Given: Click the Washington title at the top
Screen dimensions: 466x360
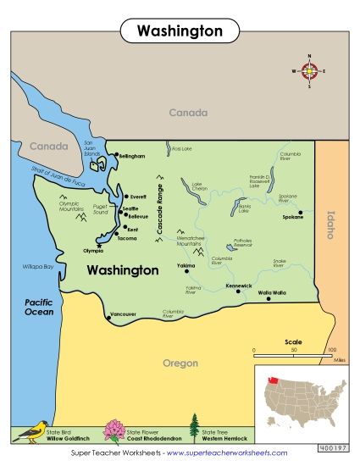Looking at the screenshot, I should coord(180,31).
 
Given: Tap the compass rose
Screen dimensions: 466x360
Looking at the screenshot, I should coord(309,71).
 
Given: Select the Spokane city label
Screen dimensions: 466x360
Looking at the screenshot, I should coord(292,218).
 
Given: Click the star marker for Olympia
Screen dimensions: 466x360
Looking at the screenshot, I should coord(99,246).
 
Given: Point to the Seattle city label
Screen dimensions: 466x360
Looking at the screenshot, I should coord(130,208).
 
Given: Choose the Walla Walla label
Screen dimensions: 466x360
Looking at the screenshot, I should coord(272,292).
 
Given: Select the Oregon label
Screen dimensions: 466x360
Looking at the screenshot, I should coord(180,363).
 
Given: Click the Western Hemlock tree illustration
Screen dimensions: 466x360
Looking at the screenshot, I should coord(194,428).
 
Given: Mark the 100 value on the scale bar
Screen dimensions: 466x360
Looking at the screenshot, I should coord(332,349).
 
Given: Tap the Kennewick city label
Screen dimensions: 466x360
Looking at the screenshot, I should coord(240,286).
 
